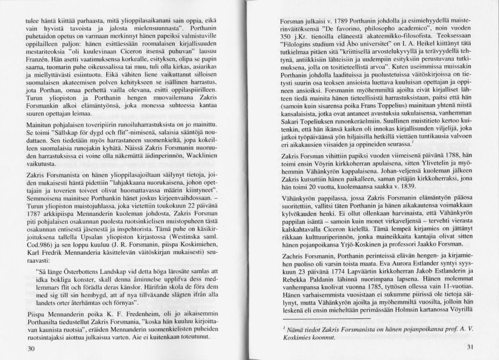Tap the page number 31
click(x=469, y=348)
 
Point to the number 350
click(x=285, y=37)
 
